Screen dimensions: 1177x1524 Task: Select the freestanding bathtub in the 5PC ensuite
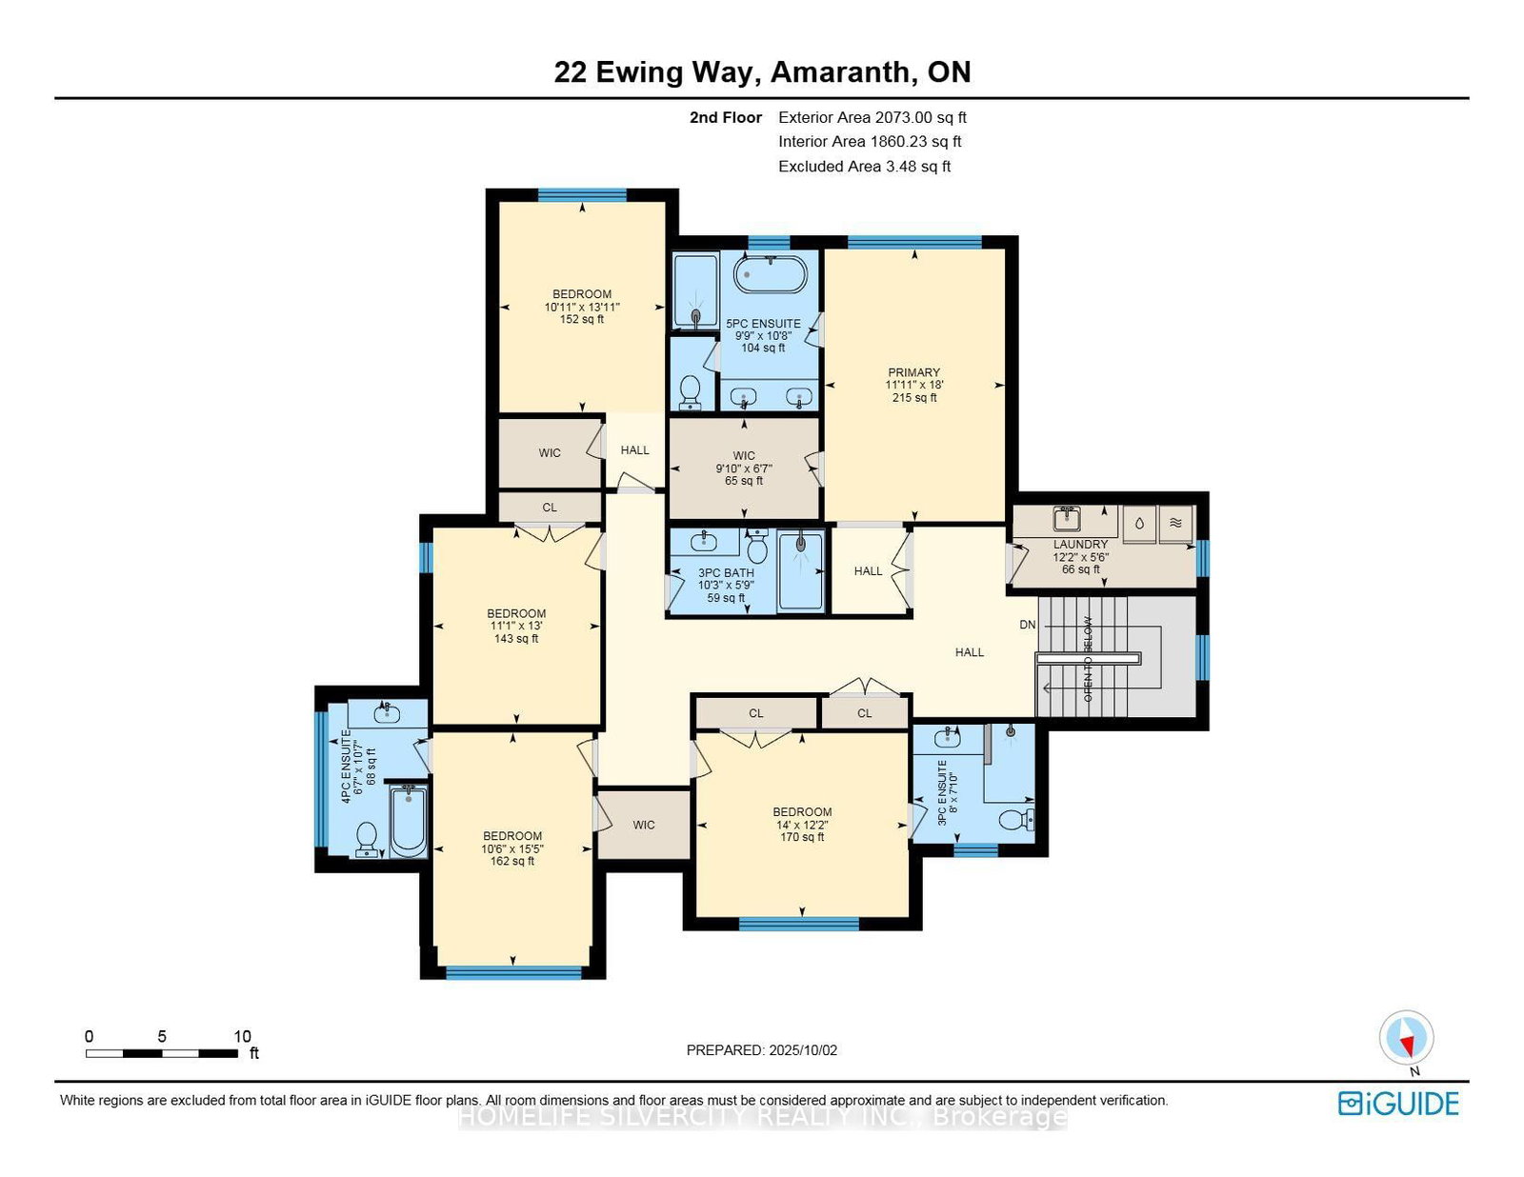click(770, 275)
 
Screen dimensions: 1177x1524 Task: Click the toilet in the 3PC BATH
click(757, 549)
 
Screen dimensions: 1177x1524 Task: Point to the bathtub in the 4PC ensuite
click(409, 821)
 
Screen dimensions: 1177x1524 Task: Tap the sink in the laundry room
click(1066, 519)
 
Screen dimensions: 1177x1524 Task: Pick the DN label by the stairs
click(1027, 625)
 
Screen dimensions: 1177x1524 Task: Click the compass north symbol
click(1406, 1039)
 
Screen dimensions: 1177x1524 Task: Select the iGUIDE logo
click(1397, 1104)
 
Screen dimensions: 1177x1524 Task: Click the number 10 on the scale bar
click(242, 1036)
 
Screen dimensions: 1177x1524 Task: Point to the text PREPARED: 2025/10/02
click(761, 1050)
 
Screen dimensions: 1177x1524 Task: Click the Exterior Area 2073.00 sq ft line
click(872, 117)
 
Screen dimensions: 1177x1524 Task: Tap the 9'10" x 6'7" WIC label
click(744, 468)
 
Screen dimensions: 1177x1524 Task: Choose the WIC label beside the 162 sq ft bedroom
click(644, 825)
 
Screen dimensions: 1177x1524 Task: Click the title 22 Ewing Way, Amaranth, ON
click(762, 72)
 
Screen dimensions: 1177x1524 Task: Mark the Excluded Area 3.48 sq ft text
click(864, 167)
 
